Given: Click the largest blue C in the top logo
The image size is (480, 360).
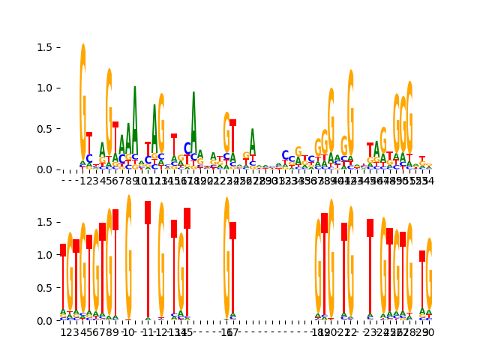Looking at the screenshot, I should coord(187,148).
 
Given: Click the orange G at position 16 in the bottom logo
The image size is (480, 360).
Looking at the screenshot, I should coord(226,259).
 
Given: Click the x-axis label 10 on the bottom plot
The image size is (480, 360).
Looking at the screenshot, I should coord(128,332).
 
